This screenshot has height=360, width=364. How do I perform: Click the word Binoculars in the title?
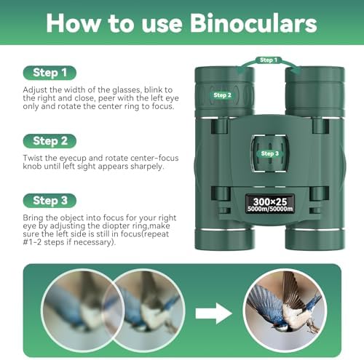pyautogui.click(x=248, y=23)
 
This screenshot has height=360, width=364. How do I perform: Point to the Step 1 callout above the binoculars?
pyautogui.click(x=269, y=60)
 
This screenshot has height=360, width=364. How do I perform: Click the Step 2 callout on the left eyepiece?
pyautogui.click(x=222, y=95)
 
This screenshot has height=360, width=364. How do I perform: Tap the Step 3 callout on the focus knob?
pyautogui.click(x=269, y=153)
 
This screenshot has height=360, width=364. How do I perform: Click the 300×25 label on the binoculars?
pyautogui.click(x=270, y=201)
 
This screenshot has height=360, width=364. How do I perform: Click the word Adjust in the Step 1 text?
pyautogui.click(x=38, y=89)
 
